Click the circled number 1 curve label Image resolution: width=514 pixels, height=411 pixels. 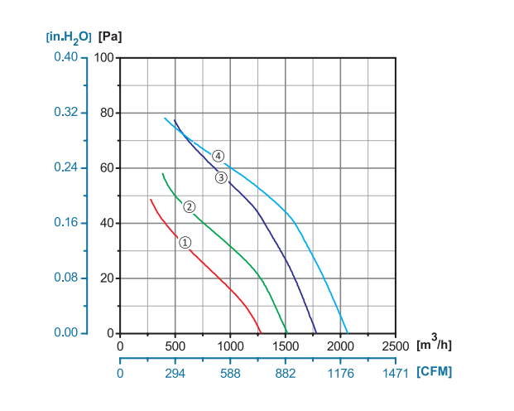click(185, 242)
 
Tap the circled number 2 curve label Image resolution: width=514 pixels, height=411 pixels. click(189, 206)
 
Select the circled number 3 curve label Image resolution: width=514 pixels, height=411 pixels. click(221, 176)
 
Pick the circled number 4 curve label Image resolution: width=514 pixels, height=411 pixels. click(218, 156)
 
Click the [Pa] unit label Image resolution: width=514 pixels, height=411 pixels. click(110, 36)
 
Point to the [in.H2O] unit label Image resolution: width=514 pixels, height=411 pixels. click(69, 37)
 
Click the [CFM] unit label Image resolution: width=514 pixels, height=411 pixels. click(435, 372)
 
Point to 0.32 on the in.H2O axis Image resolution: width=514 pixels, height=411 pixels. click(65, 113)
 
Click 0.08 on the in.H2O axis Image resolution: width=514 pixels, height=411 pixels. click(65, 278)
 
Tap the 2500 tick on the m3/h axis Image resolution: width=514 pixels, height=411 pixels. click(396, 346)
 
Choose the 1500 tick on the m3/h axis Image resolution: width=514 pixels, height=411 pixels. click(286, 346)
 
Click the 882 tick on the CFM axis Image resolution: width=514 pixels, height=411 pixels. click(286, 374)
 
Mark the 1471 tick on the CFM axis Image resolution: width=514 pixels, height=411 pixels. click(396, 374)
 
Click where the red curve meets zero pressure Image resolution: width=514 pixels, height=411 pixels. click(261, 333)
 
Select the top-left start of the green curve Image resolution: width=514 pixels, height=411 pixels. click(162, 174)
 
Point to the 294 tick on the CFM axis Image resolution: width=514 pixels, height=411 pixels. click(175, 374)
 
